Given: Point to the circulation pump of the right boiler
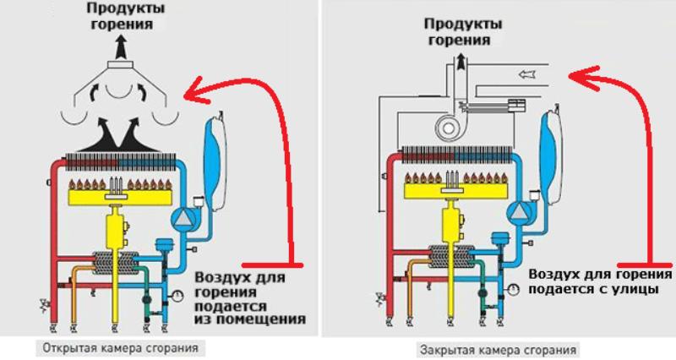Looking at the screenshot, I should point(518,213).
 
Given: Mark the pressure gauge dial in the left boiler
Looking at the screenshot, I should point(179,295).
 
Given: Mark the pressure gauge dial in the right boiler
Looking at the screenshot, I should point(514,291).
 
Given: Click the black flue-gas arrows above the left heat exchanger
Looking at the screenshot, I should point(117,134).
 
